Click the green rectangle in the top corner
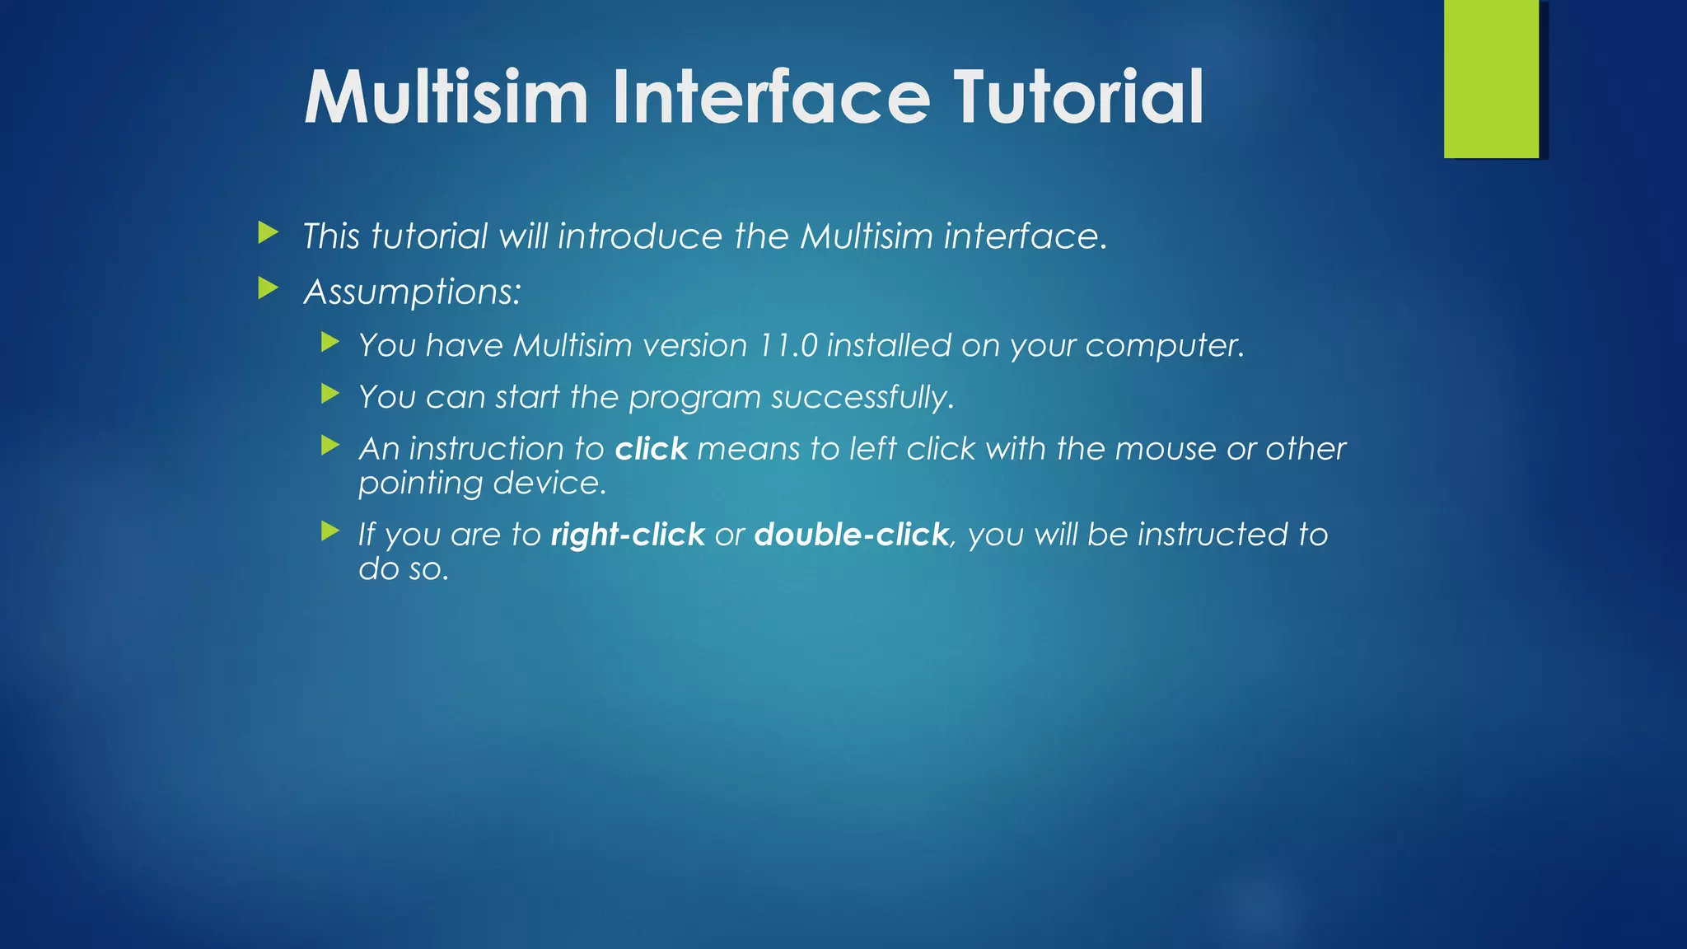1491,78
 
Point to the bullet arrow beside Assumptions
268,288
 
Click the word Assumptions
412,292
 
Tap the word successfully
862,398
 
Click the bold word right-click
628,535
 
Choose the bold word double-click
851,535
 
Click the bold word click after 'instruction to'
651,449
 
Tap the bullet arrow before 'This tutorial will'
268,232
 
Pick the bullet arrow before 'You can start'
330,394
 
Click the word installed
889,345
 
